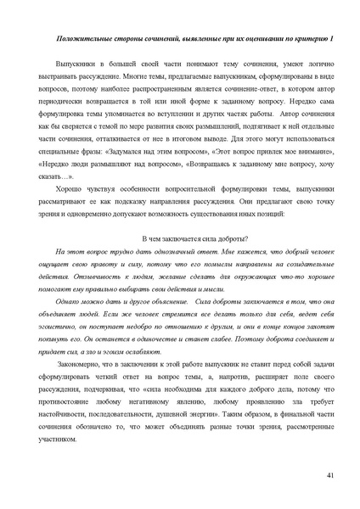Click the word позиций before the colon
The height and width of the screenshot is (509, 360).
click(x=269, y=212)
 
